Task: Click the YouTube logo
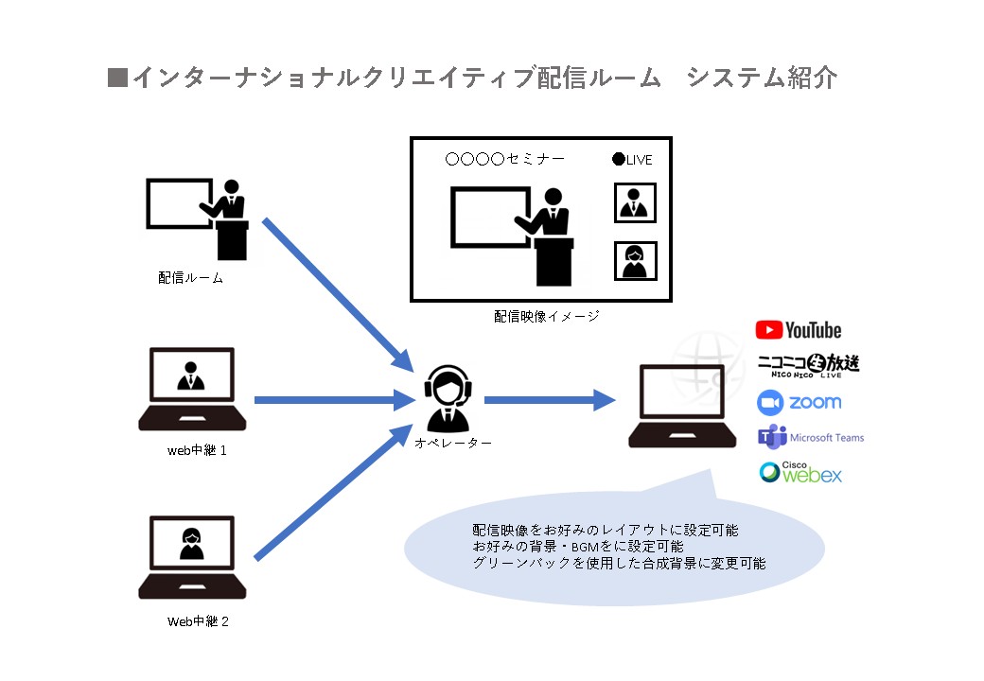798,330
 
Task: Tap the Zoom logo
799,402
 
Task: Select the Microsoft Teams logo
810,438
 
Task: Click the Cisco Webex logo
799,472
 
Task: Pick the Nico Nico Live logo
808,364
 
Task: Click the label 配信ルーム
191,279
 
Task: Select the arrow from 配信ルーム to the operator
336,293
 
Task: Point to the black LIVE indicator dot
619,159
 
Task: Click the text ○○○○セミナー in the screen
504,159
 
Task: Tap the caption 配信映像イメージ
547,317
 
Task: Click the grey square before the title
117,78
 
